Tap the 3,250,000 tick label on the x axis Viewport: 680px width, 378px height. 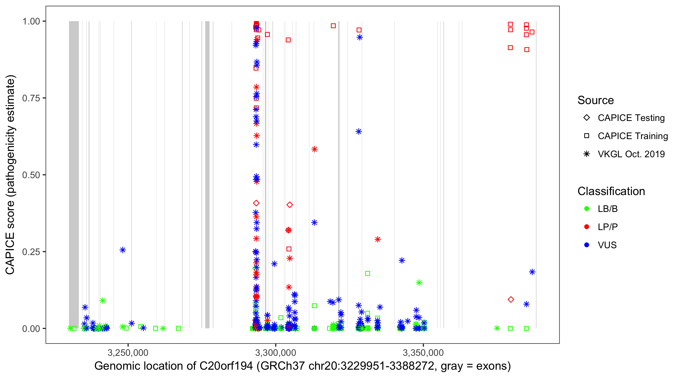point(128,353)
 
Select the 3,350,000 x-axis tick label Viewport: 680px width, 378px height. point(423,353)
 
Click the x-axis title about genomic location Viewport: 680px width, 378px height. point(302,366)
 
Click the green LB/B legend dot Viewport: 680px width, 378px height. point(587,209)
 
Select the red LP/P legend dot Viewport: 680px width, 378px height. point(587,227)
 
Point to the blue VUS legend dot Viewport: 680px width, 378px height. point(587,245)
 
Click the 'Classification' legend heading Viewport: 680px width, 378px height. point(611,191)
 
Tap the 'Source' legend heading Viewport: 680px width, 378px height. point(596,100)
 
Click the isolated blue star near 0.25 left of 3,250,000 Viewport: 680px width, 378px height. point(123,250)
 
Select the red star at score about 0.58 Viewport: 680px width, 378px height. point(314,149)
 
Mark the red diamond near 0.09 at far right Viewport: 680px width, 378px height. point(511,300)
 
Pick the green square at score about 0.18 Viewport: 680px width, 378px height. point(367,273)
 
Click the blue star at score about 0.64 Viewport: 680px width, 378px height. point(359,132)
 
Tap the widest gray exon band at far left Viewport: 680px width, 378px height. point(74,174)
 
